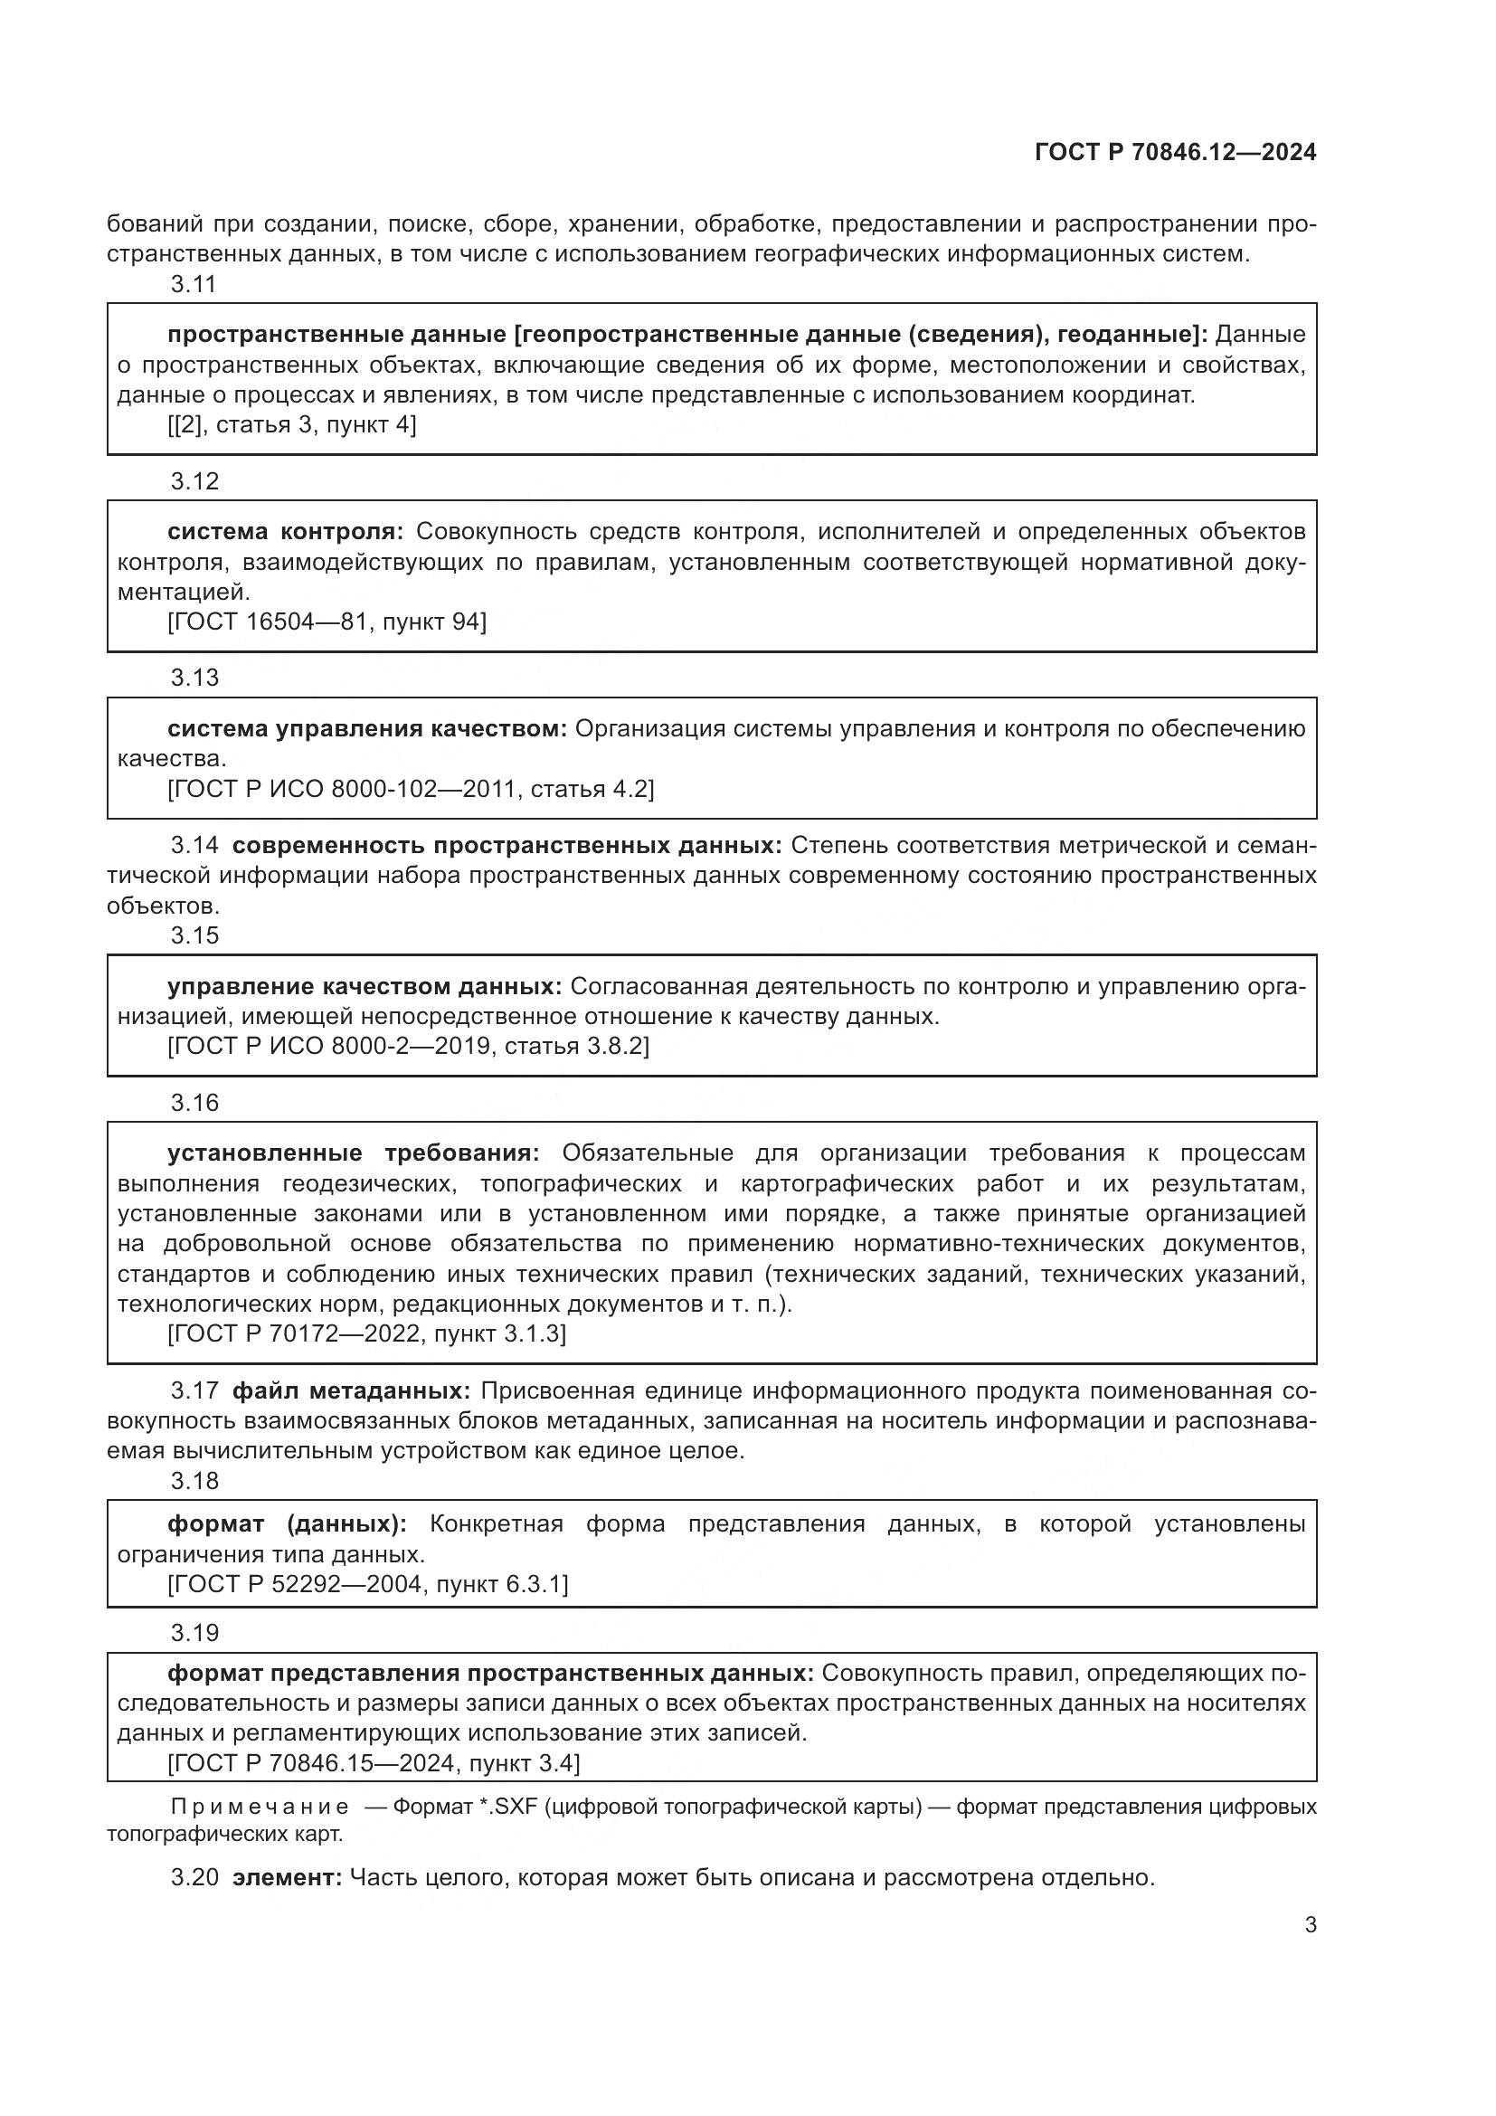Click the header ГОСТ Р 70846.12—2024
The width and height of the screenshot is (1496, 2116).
point(1175,152)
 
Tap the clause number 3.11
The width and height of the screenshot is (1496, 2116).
point(194,284)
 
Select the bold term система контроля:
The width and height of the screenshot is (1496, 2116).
point(286,532)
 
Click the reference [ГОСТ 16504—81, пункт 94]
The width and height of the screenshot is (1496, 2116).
point(327,622)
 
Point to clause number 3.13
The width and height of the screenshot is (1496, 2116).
point(194,678)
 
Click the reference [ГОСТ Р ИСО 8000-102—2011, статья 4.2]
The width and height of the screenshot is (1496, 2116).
point(411,789)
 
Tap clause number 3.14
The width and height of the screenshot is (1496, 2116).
point(194,845)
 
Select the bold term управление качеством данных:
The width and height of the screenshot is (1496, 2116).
point(364,987)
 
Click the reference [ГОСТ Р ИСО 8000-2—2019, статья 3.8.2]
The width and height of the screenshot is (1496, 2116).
point(408,1046)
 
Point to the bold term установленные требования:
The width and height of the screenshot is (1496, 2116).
point(353,1153)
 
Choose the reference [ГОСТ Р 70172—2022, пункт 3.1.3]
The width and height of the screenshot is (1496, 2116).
point(366,1333)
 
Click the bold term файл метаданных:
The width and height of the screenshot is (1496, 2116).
point(351,1390)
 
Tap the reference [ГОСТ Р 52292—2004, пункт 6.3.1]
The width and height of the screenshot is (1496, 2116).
point(367,1584)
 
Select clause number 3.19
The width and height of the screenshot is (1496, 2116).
point(194,1633)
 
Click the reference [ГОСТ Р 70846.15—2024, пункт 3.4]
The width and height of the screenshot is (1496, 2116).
point(373,1763)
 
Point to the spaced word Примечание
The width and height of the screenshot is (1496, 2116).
point(260,1807)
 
